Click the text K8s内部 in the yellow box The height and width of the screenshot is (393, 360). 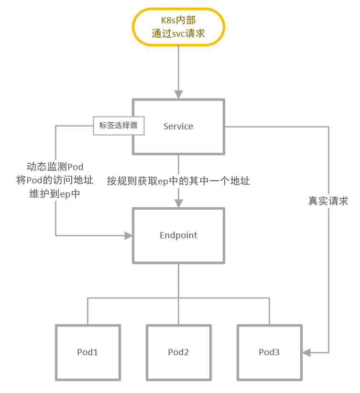pyautogui.click(x=178, y=21)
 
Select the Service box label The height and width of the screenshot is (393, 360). pyautogui.click(x=178, y=127)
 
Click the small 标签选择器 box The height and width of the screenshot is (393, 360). pyautogui.click(x=118, y=126)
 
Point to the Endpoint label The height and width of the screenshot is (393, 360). pyautogui.click(x=178, y=235)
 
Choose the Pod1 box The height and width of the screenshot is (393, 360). pyautogui.click(x=88, y=352)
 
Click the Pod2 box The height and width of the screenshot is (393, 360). pyautogui.click(x=178, y=352)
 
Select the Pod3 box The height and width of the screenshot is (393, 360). pyautogui.click(x=269, y=352)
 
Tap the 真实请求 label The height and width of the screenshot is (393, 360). pyautogui.click(x=328, y=201)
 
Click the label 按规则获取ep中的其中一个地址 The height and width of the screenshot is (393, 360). pyautogui.click(x=178, y=181)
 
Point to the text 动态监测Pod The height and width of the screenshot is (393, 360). pyautogui.click(x=55, y=167)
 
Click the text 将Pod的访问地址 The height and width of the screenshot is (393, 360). pyautogui.click(x=55, y=181)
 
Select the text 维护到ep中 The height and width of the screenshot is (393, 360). pyautogui.click(x=55, y=194)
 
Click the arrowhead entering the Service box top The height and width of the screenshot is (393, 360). pyautogui.click(x=178, y=95)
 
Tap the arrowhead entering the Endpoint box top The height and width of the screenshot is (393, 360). pyautogui.click(x=178, y=203)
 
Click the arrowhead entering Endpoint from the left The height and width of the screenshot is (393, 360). pyautogui.click(x=128, y=235)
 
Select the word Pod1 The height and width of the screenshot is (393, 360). pyautogui.click(x=88, y=352)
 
